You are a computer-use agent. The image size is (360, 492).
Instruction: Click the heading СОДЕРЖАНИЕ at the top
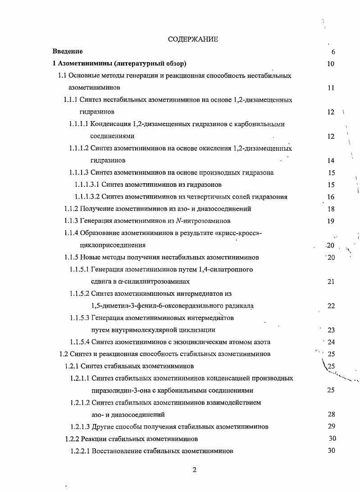[x=193, y=39]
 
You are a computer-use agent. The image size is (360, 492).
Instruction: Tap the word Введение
[x=68, y=51]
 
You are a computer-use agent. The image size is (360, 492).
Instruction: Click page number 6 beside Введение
[x=333, y=52]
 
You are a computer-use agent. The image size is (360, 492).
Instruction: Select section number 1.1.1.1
[x=78, y=124]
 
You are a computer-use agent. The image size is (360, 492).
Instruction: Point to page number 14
[x=331, y=161]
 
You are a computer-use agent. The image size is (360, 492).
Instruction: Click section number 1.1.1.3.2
[x=87, y=197]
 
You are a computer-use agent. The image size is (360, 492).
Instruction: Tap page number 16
[x=331, y=197]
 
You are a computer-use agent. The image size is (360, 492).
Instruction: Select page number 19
[x=331, y=221]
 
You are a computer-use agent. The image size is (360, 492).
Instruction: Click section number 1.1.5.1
[x=79, y=270]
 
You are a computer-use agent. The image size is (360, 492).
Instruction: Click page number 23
[x=331, y=330]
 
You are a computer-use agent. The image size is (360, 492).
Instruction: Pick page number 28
[x=331, y=414]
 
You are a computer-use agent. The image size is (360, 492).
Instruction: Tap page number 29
[x=331, y=426]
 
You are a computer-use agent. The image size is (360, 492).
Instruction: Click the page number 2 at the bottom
[x=194, y=470]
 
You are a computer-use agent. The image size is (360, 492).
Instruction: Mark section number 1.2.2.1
[x=80, y=451]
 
